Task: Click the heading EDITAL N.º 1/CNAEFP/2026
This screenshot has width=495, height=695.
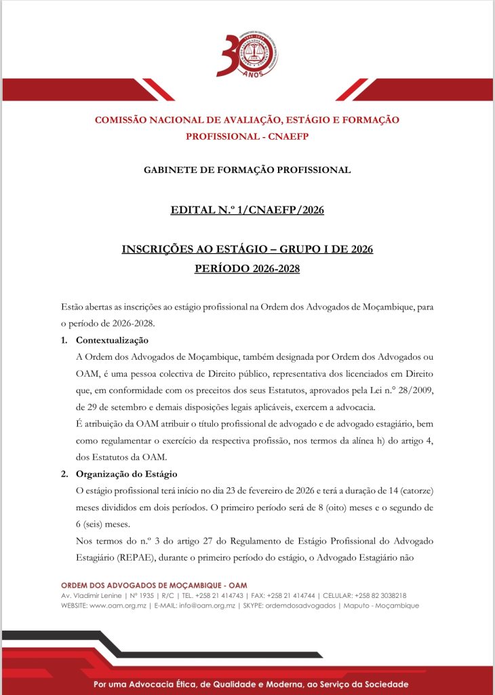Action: coord(248,210)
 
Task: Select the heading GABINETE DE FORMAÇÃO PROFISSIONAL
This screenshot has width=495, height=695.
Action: coord(248,170)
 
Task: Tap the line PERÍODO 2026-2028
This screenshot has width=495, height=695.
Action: coord(247,269)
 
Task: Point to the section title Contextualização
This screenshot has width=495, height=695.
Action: coord(112,340)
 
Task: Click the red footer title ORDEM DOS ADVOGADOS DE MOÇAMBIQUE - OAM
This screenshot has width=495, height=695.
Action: coord(154,585)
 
